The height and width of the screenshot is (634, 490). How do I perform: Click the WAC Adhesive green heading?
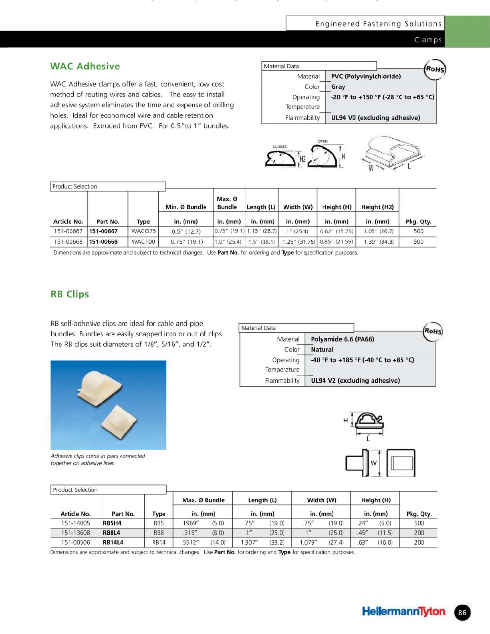click(x=85, y=66)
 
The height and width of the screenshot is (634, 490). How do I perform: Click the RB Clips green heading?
click(x=70, y=294)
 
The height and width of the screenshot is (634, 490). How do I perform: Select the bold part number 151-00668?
click(x=103, y=242)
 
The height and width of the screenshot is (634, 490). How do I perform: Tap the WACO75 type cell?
click(x=143, y=231)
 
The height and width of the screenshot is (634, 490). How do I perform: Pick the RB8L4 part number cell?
click(x=112, y=533)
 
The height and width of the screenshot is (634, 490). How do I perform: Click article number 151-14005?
click(x=76, y=523)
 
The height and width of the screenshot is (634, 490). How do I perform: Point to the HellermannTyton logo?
click(x=403, y=612)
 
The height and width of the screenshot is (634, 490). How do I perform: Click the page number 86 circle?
click(x=462, y=612)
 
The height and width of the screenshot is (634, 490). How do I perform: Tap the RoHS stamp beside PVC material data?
click(x=435, y=69)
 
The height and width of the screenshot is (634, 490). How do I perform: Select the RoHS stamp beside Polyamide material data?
click(x=433, y=331)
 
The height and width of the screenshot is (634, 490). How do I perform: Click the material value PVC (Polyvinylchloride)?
click(x=366, y=76)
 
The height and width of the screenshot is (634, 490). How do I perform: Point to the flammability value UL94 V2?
click(x=355, y=380)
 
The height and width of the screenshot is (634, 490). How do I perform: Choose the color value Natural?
click(x=322, y=349)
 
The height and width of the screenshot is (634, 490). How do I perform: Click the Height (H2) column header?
click(x=377, y=207)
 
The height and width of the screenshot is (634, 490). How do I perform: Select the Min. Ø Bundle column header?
click(x=186, y=207)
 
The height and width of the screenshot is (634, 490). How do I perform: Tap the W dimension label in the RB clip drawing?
click(x=373, y=463)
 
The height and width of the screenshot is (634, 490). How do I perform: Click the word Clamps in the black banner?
click(x=428, y=40)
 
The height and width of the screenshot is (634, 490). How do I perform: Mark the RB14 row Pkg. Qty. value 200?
click(x=419, y=542)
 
